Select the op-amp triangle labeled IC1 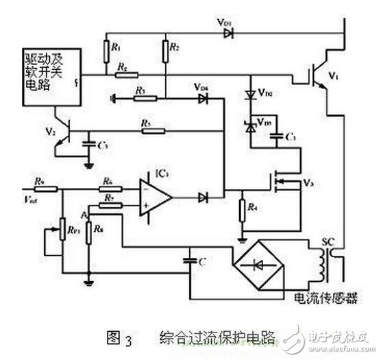click(155, 197)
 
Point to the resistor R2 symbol click(165, 50)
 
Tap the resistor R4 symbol click(241, 209)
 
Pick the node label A click(84, 215)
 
